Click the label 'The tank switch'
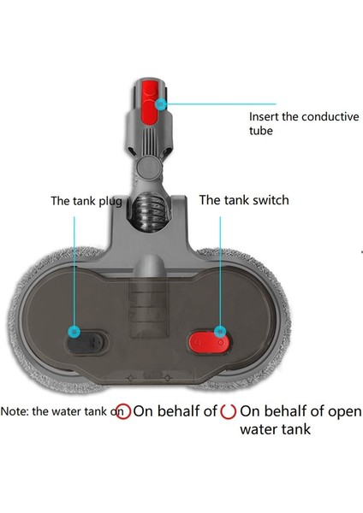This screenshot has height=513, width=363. click(x=244, y=200)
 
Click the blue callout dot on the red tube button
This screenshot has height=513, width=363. click(x=160, y=103)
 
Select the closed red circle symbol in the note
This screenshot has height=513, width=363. click(x=123, y=411)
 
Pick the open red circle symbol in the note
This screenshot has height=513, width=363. click(x=228, y=411)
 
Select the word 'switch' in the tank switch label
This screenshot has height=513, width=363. click(x=269, y=200)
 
